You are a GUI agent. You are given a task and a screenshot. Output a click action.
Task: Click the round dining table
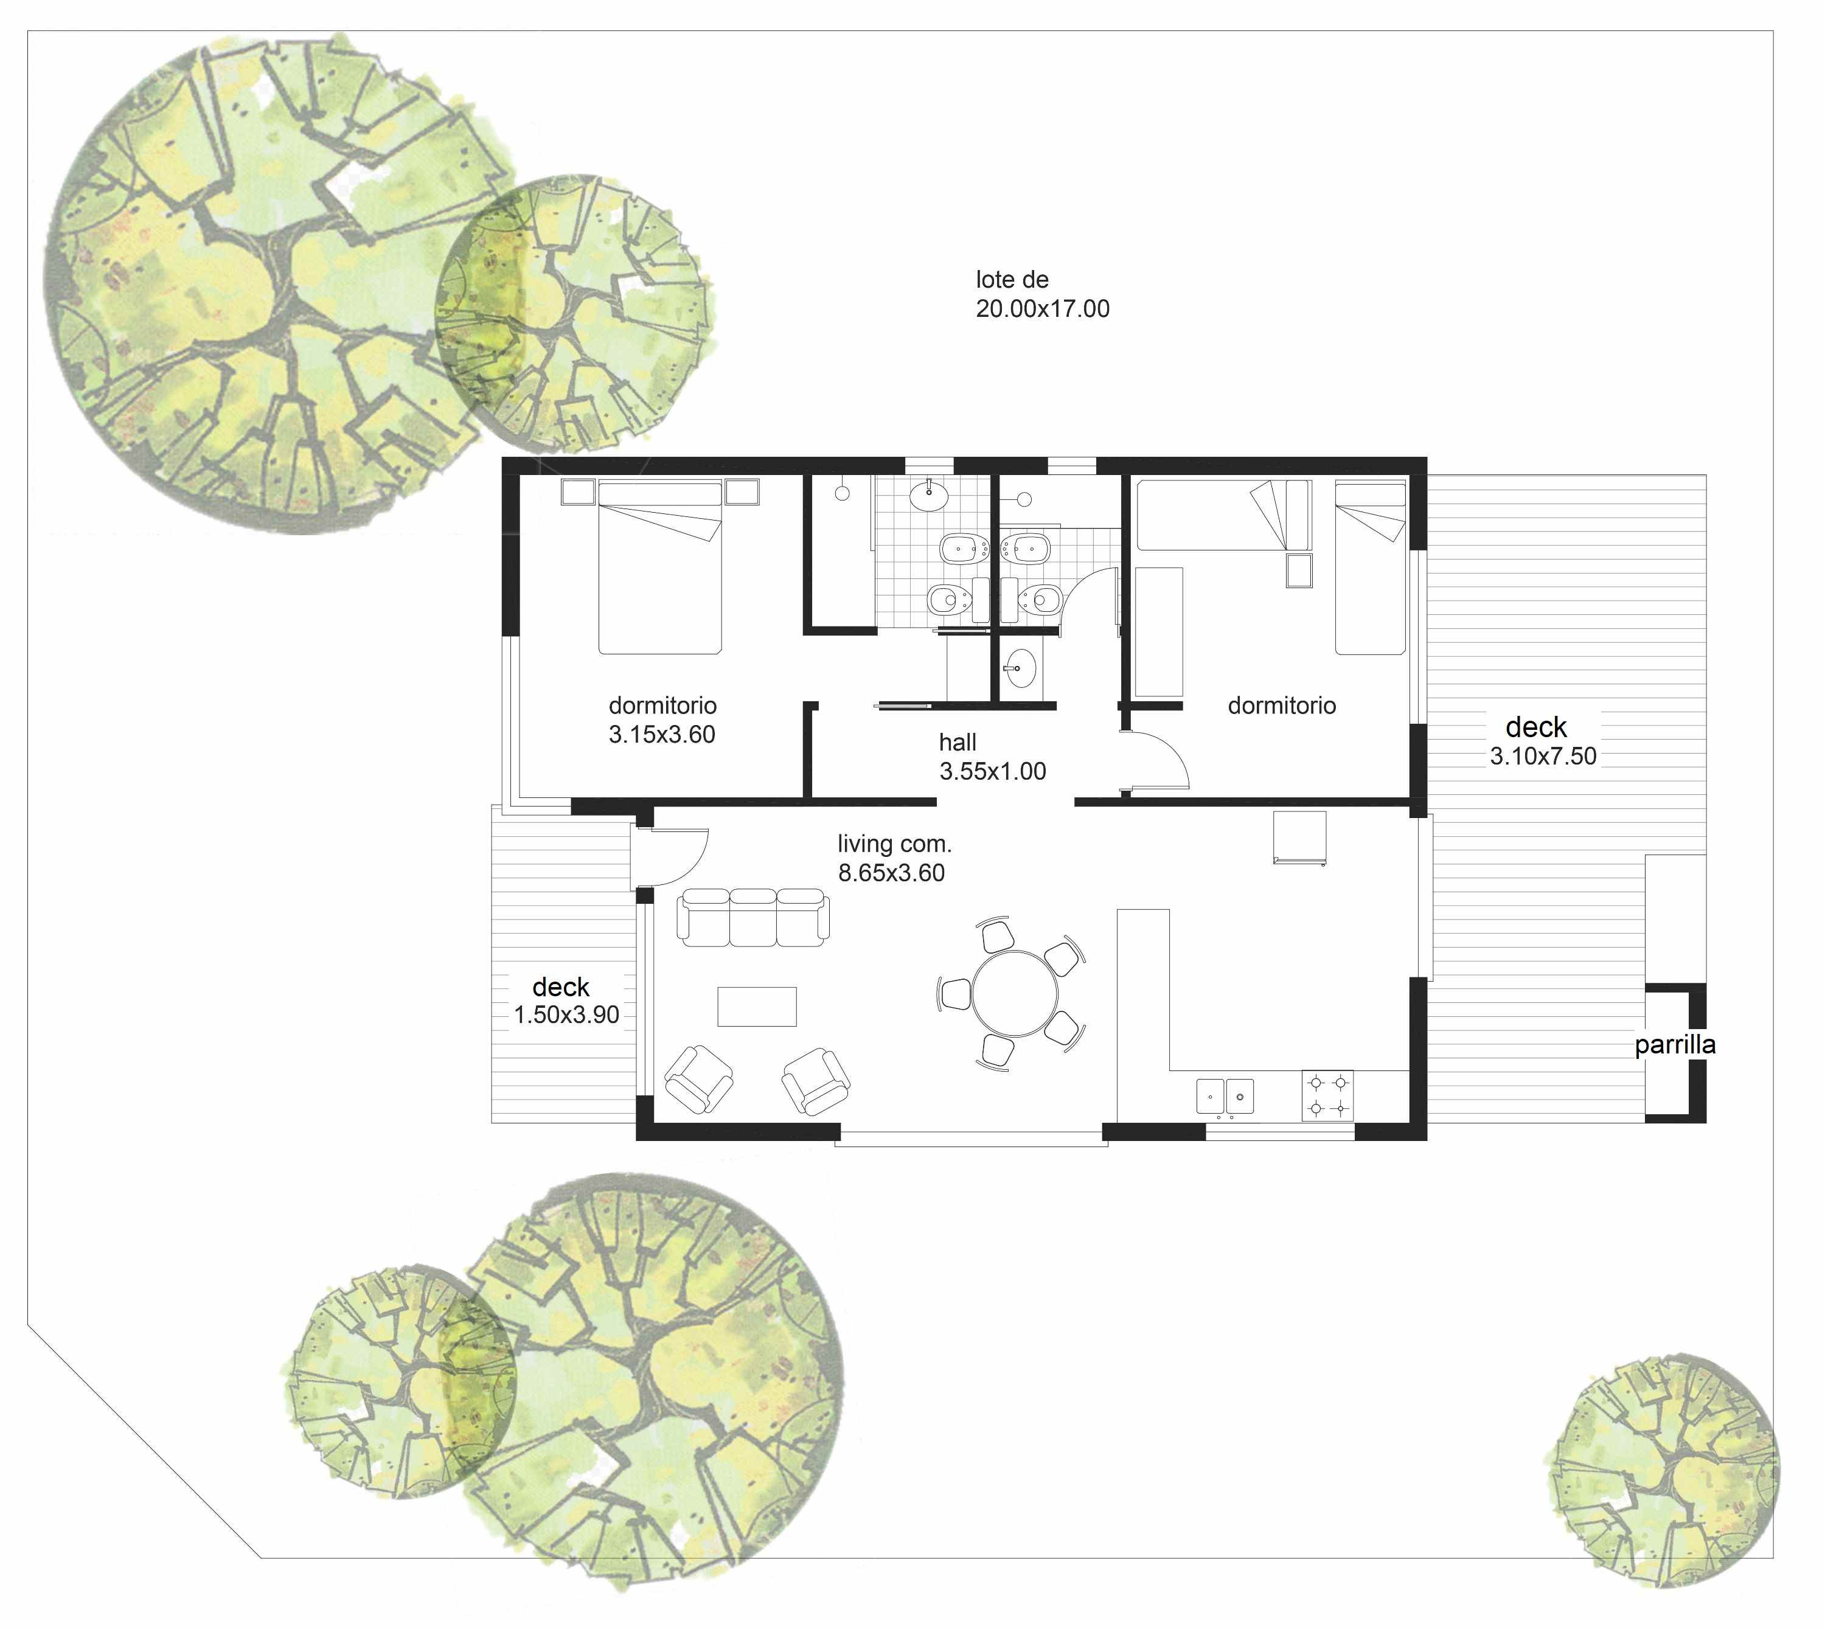[x=1015, y=993]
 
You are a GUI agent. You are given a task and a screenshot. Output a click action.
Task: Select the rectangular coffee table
[x=757, y=1006]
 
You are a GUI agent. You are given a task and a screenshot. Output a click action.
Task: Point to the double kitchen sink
[x=1225, y=1096]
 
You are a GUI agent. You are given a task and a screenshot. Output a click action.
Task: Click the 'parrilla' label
[x=1675, y=1045]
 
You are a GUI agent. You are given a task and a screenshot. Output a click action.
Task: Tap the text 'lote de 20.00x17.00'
[x=1042, y=294]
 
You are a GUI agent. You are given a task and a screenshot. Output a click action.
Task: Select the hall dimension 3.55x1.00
[x=993, y=771]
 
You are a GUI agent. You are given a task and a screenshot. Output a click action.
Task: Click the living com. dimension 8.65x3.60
[x=891, y=872]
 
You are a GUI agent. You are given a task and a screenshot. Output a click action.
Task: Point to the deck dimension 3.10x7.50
[x=1543, y=756]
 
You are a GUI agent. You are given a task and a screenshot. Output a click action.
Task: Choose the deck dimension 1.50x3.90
[x=566, y=1014]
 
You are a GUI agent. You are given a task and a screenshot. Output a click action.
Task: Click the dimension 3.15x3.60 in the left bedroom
[x=662, y=734]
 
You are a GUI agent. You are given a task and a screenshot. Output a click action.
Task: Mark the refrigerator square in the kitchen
[x=1299, y=838]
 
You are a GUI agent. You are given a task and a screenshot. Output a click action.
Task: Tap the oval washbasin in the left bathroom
[x=929, y=494]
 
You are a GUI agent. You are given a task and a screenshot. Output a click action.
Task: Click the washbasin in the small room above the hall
[x=1020, y=667]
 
